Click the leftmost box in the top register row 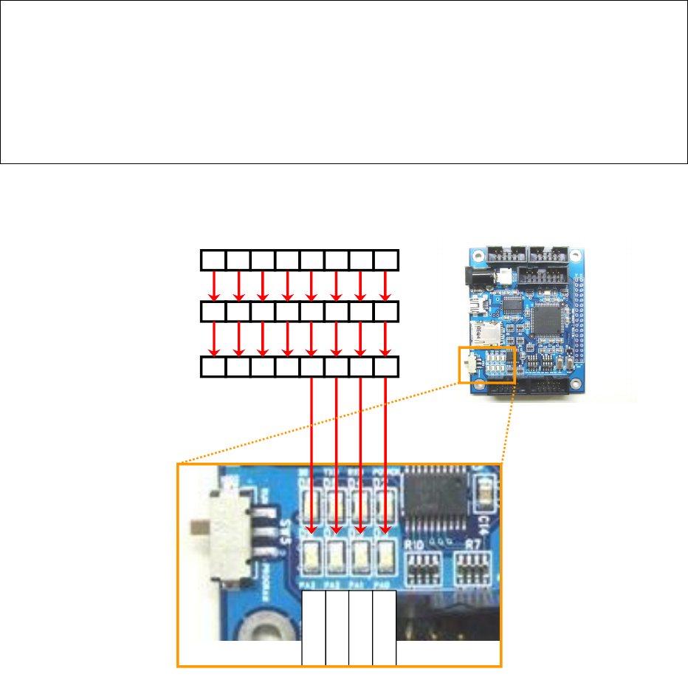(x=214, y=260)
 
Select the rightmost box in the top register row (x=387, y=260)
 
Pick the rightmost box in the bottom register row (x=387, y=367)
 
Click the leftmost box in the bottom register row (x=214, y=367)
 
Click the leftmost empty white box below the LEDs (x=314, y=628)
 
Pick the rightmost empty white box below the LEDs (x=385, y=628)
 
